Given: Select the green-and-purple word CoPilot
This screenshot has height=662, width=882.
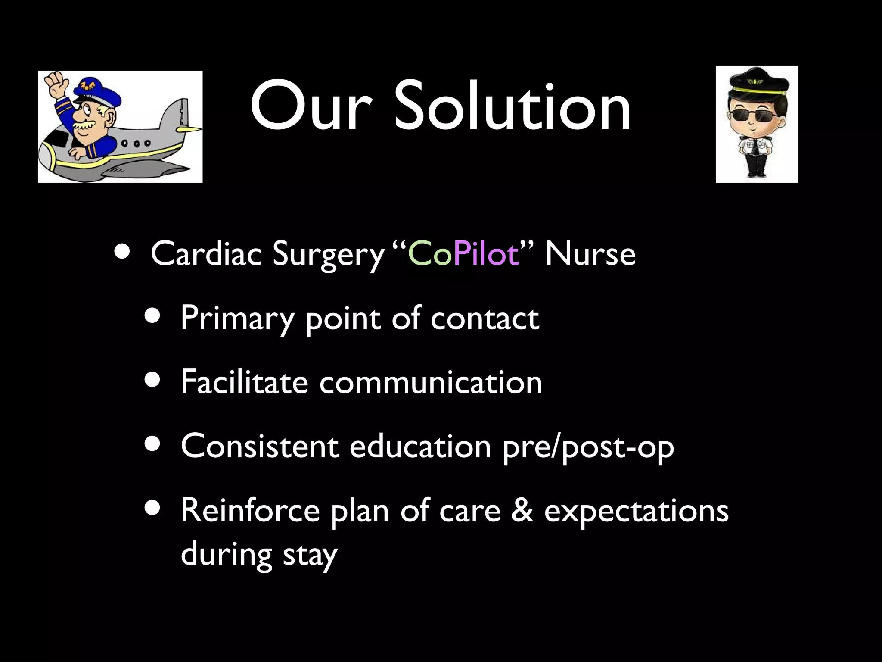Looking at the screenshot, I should click(x=463, y=254).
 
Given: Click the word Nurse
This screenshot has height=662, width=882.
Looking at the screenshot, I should click(x=590, y=254).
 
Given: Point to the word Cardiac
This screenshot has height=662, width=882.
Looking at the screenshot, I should click(x=206, y=254).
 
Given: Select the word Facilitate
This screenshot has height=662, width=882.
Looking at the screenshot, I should click(x=244, y=382).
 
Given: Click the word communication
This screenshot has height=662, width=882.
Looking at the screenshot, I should click(x=431, y=383).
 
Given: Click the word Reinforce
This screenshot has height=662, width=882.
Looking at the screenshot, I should click(x=250, y=510).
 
